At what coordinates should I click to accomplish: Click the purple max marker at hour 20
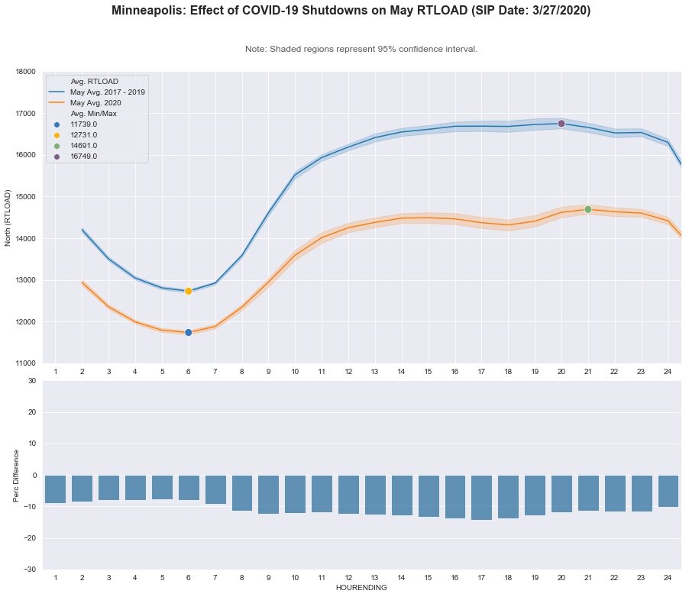[561, 124]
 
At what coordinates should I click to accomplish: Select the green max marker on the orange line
[588, 209]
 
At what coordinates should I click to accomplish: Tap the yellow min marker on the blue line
[189, 291]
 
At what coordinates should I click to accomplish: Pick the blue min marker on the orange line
[189, 332]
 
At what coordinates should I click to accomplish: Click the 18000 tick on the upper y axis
[25, 72]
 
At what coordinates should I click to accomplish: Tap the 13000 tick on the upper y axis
[25, 280]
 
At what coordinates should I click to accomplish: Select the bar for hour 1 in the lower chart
[55, 489]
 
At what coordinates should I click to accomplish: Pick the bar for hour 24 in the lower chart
[668, 491]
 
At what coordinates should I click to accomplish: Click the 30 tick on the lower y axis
[31, 380]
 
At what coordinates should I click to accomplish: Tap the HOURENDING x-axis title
[361, 588]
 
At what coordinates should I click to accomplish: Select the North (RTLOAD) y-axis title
[8, 218]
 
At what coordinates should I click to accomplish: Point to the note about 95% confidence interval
[361, 49]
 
